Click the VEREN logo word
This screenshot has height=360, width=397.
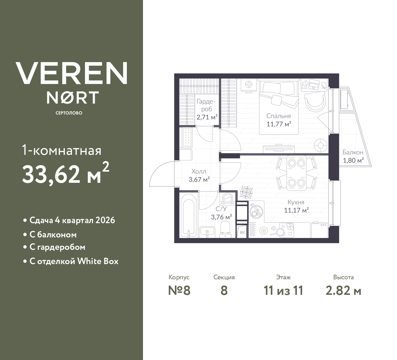pos(72,73)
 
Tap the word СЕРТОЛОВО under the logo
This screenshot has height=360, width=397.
pos(69,113)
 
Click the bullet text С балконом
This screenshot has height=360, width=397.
pos(53,235)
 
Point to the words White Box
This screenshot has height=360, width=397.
pos(98,261)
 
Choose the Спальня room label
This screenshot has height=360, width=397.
pos(279,116)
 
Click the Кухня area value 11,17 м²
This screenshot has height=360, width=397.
pos(296,210)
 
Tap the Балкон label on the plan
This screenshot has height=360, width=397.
pos(353,152)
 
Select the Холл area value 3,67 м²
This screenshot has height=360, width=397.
pos(199,179)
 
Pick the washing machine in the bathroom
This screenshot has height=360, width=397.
pos(228,198)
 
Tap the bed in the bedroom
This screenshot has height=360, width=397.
pos(279,106)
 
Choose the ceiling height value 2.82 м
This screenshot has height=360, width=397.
pos(343,291)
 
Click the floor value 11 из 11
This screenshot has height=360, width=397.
pos(283,291)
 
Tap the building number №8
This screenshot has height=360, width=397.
pos(179,291)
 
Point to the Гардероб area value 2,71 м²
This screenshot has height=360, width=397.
pos(207,117)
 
